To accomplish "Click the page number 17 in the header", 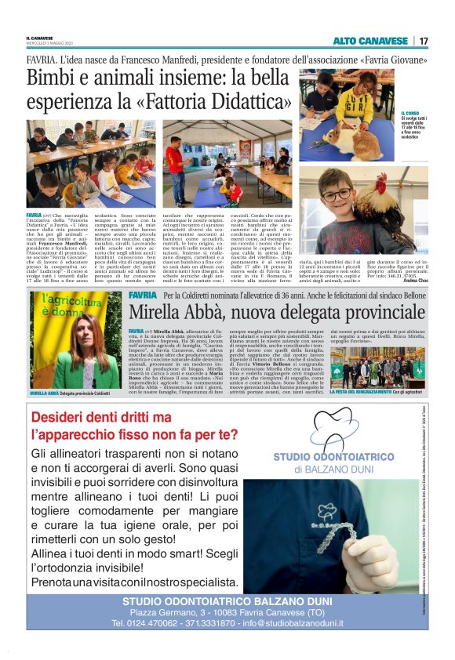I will (424, 41).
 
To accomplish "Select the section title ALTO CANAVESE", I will (370, 41).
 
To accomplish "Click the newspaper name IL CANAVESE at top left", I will (38, 37).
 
